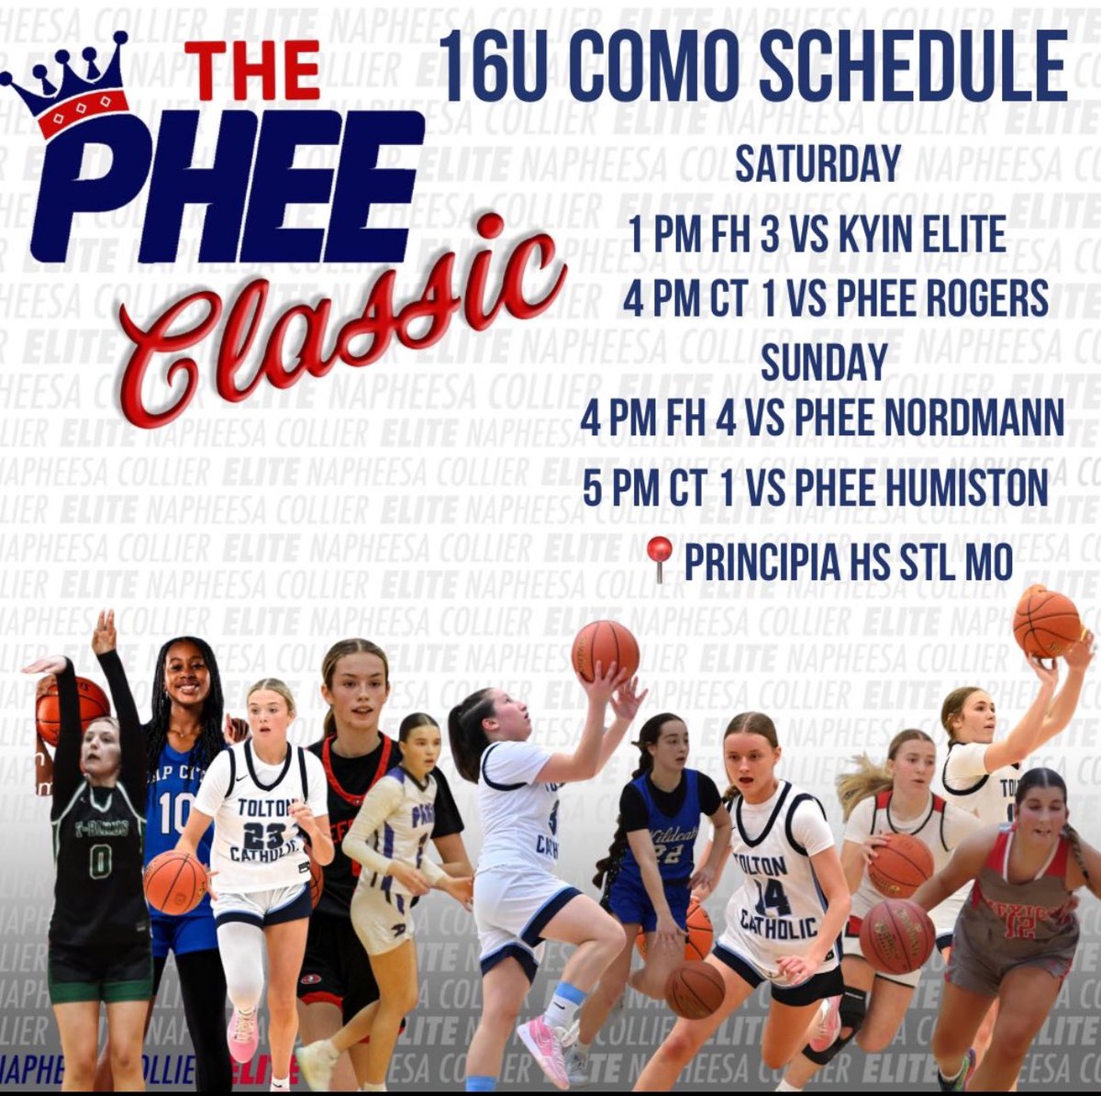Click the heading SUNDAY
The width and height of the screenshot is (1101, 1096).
click(824, 360)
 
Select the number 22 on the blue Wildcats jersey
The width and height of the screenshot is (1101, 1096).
click(667, 853)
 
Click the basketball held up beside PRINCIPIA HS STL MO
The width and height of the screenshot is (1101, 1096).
click(1046, 622)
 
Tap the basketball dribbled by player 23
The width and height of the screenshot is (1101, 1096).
click(175, 882)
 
